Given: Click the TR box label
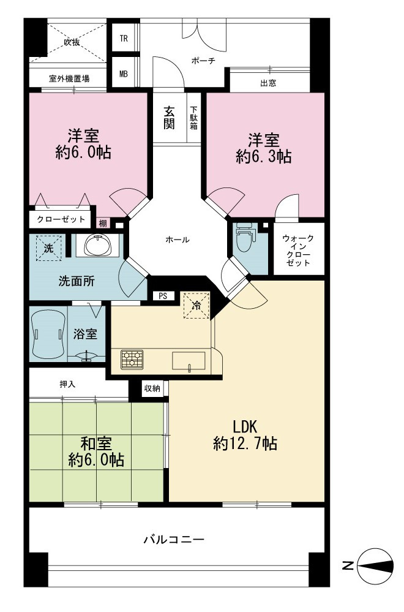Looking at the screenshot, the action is click(x=124, y=39).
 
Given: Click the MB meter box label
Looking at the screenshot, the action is click(x=124, y=74).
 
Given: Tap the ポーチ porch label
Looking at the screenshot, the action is click(x=203, y=61).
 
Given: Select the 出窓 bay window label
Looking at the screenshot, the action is click(x=268, y=83).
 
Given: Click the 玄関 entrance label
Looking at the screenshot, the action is click(x=169, y=118).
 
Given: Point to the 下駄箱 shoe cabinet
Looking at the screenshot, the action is click(x=194, y=118).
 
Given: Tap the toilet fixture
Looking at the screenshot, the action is click(x=244, y=238).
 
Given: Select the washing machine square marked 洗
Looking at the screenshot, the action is click(x=49, y=248).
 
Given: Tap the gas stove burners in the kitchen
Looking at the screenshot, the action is click(x=132, y=359).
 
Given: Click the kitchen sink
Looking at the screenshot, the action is click(x=189, y=360).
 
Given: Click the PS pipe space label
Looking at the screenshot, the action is click(x=163, y=296).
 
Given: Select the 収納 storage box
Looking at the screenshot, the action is click(x=152, y=388).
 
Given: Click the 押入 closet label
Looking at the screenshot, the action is click(x=67, y=384).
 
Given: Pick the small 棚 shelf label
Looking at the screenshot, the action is click(x=103, y=224).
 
